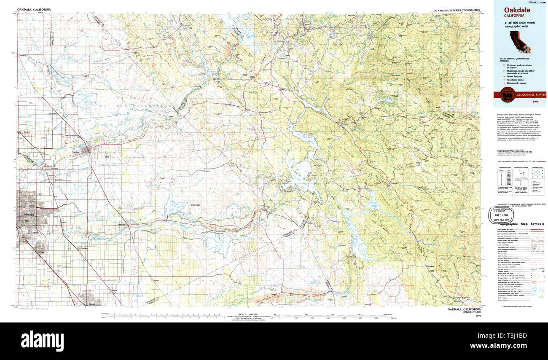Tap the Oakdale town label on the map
(x=76, y=152)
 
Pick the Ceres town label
(x=41, y=253)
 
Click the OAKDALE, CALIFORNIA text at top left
(x=34, y=9)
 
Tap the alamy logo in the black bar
(x=42, y=340)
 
